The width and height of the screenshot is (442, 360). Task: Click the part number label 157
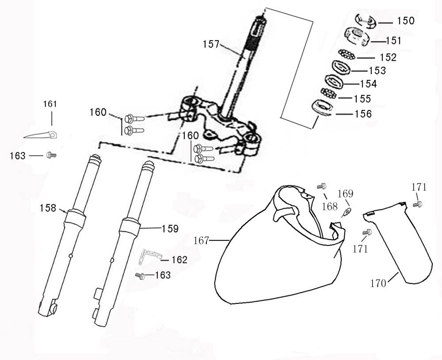pos(211,44)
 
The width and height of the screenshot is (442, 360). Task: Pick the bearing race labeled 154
pos(334,81)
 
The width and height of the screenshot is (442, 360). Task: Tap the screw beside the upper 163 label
pos(51,155)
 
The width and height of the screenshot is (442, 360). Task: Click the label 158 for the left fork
pos(48,208)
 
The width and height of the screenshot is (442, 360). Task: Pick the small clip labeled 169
pos(347,212)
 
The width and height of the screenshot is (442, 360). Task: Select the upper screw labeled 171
pos(417,204)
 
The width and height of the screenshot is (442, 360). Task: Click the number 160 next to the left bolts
pos(98,112)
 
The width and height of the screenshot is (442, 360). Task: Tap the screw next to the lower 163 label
pos(141,275)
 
